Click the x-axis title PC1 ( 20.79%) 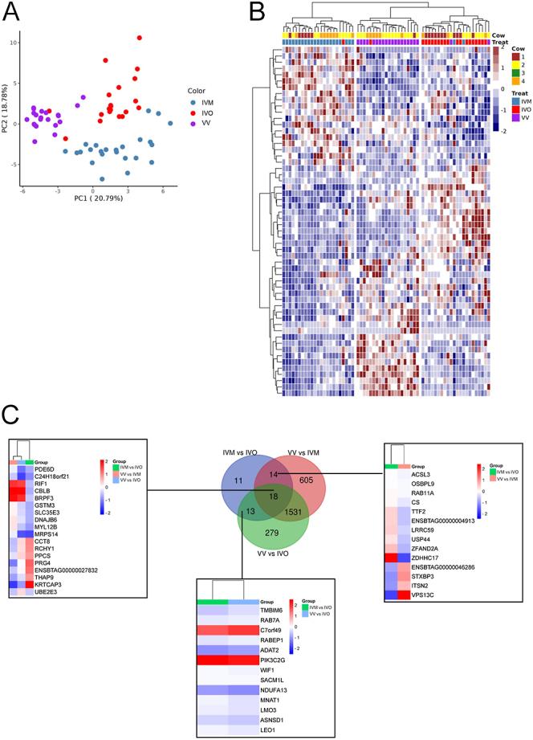[95, 198]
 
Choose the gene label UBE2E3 [47, 591]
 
